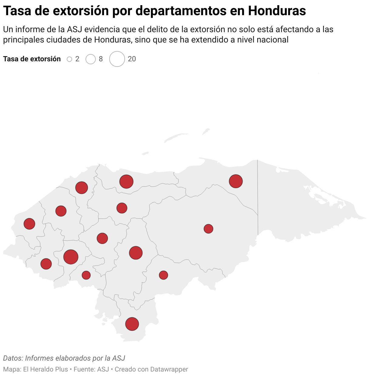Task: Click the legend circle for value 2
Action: pyautogui.click(x=69, y=59)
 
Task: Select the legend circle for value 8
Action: pyautogui.click(x=91, y=59)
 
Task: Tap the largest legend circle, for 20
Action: pyautogui.click(x=117, y=59)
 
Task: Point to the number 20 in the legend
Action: pyautogui.click(x=132, y=59)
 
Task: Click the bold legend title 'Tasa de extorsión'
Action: pyautogui.click(x=32, y=59)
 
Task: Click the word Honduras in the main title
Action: pyautogui.click(x=277, y=11)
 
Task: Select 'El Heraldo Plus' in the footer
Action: pyautogui.click(x=45, y=369)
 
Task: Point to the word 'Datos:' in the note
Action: pyautogui.click(x=13, y=358)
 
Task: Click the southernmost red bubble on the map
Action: pyautogui.click(x=132, y=324)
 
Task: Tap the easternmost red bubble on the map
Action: pyautogui.click(x=236, y=181)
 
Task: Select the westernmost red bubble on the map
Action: pyautogui.click(x=29, y=224)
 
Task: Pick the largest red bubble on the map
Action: pyautogui.click(x=71, y=257)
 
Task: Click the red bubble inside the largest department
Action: pyautogui.click(x=208, y=229)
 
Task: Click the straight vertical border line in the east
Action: pyautogui.click(x=258, y=197)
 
